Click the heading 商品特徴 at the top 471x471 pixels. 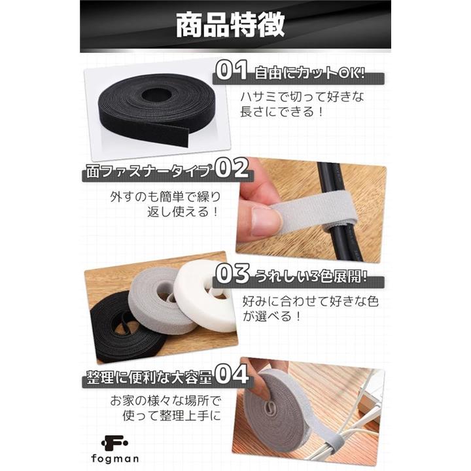pos(230,25)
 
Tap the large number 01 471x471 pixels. pos(232,70)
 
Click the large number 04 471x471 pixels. pos(232,374)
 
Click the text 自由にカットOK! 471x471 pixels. pos(310,73)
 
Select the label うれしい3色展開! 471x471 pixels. pos(311,275)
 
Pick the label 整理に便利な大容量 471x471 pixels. pos(149,377)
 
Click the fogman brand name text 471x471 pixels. pos(115,459)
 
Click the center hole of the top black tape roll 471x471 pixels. pos(157,96)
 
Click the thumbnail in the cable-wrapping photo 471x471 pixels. pos(268,221)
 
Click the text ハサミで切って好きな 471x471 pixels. pos(302,96)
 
